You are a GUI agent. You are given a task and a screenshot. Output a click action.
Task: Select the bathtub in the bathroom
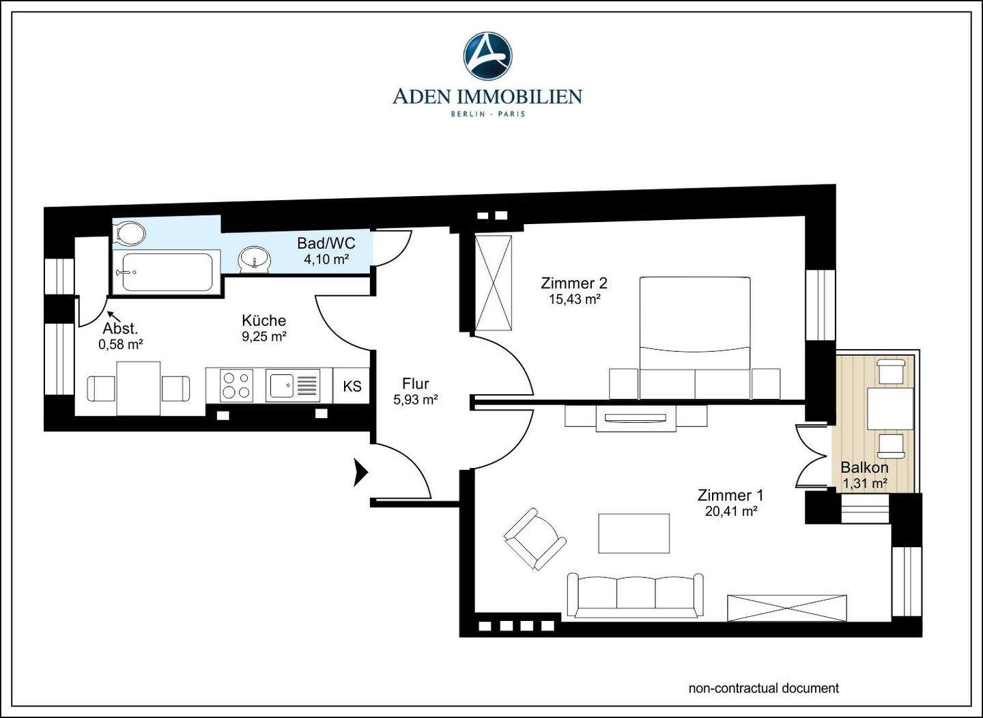tap(167, 273)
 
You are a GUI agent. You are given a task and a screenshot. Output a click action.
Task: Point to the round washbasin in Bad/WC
tap(254, 260)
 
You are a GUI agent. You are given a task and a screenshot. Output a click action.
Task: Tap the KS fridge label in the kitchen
tap(352, 386)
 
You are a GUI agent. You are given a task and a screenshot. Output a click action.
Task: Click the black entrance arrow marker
tap(360, 473)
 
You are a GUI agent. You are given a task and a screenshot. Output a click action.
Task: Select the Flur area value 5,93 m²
tap(416, 400)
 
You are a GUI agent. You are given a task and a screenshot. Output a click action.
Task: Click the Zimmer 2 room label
tap(574, 284)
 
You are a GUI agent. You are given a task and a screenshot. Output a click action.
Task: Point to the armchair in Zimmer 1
tap(535, 538)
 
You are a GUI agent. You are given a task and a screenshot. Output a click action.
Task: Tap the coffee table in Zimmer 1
tap(634, 533)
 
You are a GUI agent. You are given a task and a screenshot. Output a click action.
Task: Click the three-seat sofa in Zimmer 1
tap(635, 596)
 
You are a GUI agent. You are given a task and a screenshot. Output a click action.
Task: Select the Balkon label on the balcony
tap(864, 468)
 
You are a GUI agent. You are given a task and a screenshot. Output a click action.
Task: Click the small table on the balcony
tap(890, 409)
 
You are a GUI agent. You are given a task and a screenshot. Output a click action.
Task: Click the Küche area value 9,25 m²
tap(264, 336)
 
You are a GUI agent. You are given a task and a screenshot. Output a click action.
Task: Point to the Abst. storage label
tap(121, 328)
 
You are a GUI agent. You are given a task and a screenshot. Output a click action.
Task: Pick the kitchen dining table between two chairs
tap(138, 389)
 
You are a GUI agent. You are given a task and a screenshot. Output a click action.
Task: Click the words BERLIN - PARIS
tap(488, 113)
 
